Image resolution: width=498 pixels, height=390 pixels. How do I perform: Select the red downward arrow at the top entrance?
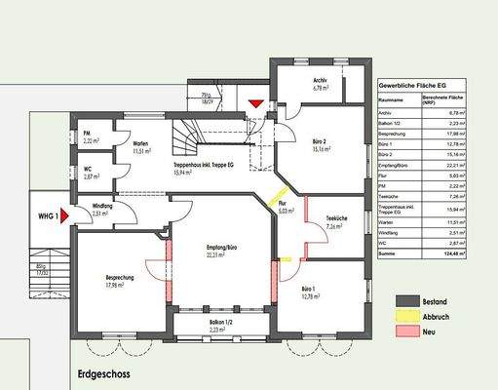(x=256, y=102)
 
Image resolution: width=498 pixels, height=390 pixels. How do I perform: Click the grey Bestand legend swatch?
(x=406, y=301)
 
